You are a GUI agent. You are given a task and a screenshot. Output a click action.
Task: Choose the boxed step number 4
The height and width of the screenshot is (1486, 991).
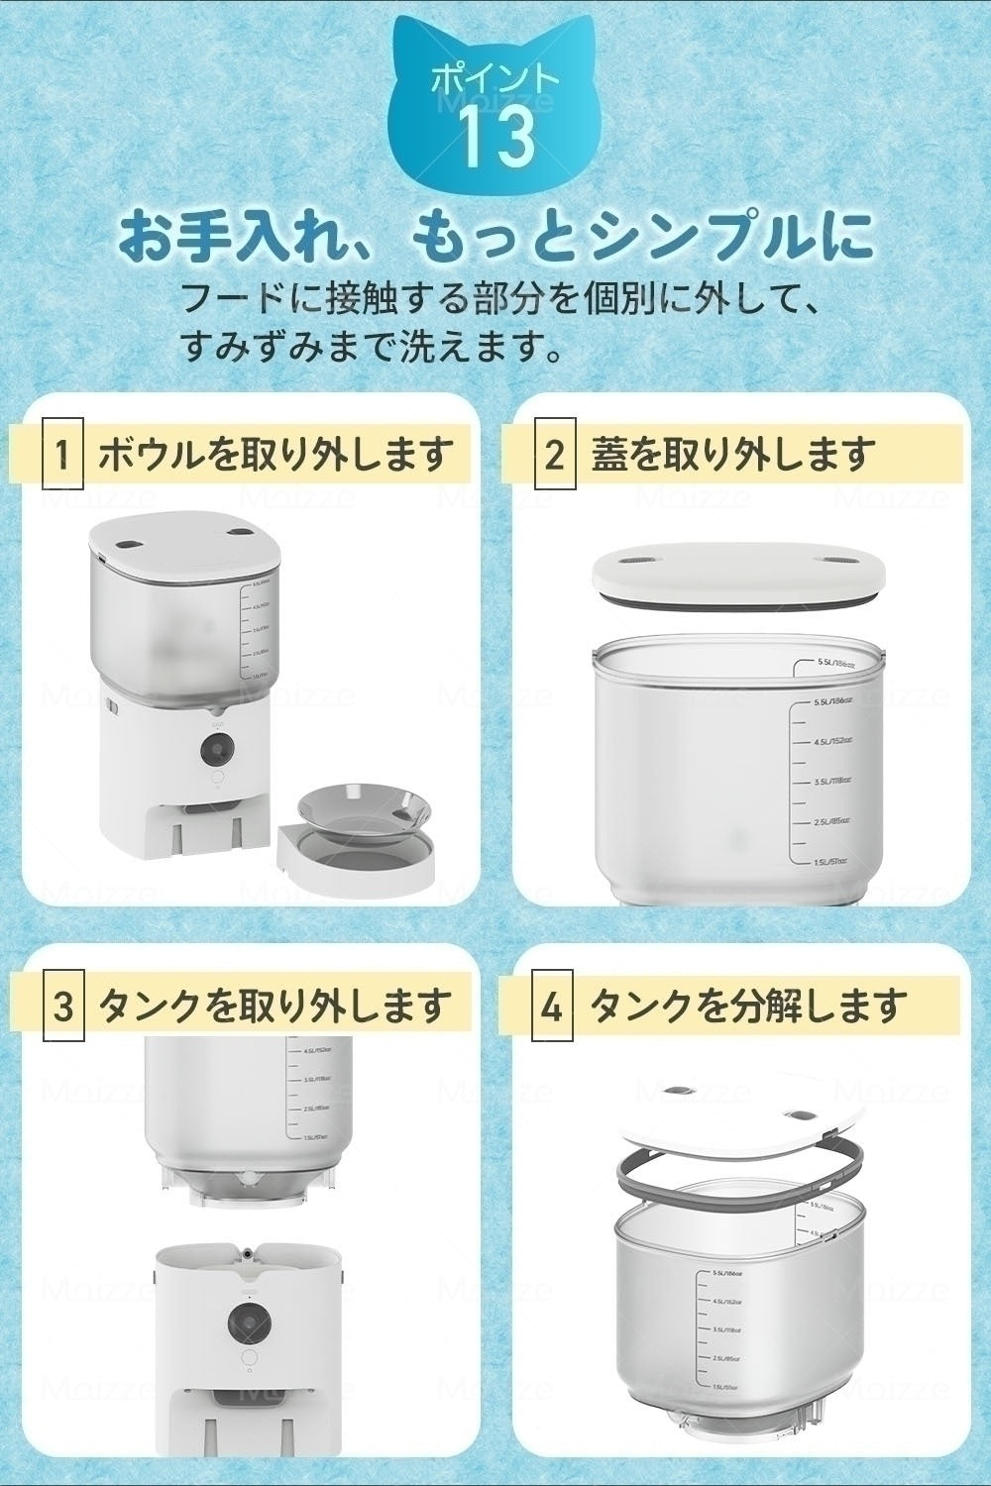coord(552,1008)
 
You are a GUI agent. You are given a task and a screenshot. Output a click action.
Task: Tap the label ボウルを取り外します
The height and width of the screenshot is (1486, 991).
coord(275,457)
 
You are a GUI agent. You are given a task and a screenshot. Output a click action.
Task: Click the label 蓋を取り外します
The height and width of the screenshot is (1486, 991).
coord(733,457)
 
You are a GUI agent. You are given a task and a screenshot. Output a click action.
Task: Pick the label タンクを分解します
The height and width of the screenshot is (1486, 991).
coord(748,1008)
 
